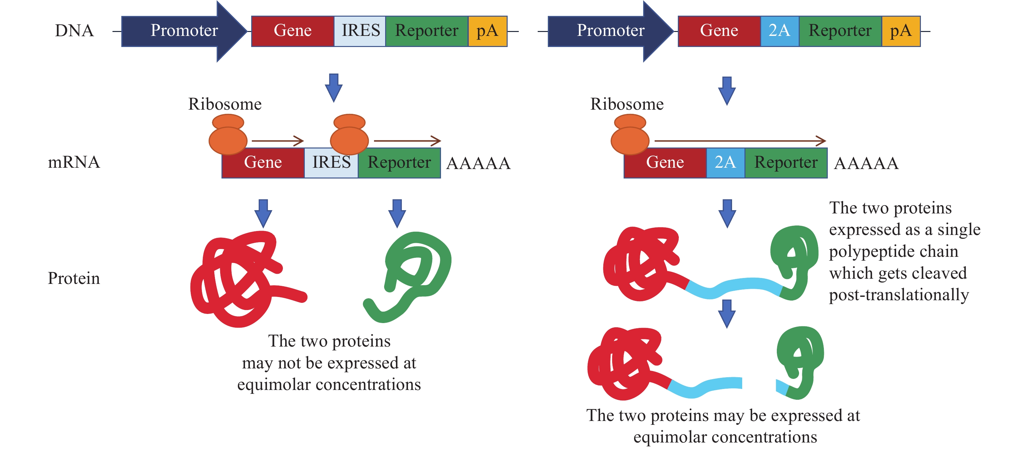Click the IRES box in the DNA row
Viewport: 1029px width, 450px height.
(x=360, y=31)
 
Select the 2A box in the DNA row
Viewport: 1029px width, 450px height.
(x=779, y=31)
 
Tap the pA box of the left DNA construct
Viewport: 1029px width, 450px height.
(x=487, y=31)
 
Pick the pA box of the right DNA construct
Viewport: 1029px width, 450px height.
(x=901, y=31)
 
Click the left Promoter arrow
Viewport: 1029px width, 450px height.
(x=184, y=31)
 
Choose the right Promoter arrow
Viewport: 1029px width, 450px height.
(x=610, y=31)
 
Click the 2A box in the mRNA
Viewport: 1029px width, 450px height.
(x=725, y=163)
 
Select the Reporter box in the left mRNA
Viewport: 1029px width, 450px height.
(x=399, y=163)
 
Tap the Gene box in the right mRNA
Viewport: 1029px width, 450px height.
(x=665, y=163)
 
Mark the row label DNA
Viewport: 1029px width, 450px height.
(x=74, y=31)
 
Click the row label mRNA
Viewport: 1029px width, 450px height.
(x=74, y=163)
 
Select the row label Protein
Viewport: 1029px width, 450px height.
(x=74, y=278)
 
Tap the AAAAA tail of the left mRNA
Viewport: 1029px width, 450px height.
(x=478, y=163)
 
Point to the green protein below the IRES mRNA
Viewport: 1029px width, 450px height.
(x=412, y=275)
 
